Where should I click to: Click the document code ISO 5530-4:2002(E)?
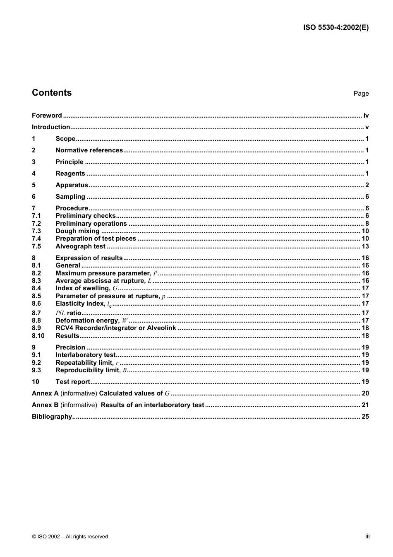(x=335, y=28)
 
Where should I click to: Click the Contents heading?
(x=52, y=93)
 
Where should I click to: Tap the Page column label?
(x=361, y=94)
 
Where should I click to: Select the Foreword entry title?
(x=47, y=116)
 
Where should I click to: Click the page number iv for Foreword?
(x=366, y=116)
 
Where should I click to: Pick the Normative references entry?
(x=89, y=150)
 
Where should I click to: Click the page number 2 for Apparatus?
(x=367, y=185)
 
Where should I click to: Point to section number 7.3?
(x=36, y=231)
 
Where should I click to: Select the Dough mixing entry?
(x=77, y=231)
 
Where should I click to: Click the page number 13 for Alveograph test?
(x=365, y=246)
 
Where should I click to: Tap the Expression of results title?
(x=89, y=258)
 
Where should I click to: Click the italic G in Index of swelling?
(x=115, y=288)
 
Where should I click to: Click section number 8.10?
(x=38, y=336)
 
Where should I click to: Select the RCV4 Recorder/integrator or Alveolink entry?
(x=116, y=328)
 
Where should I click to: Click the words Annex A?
(x=45, y=393)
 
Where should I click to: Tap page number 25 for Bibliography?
(x=365, y=417)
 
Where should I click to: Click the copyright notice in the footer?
(x=70, y=537)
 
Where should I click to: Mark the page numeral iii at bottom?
(x=367, y=536)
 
